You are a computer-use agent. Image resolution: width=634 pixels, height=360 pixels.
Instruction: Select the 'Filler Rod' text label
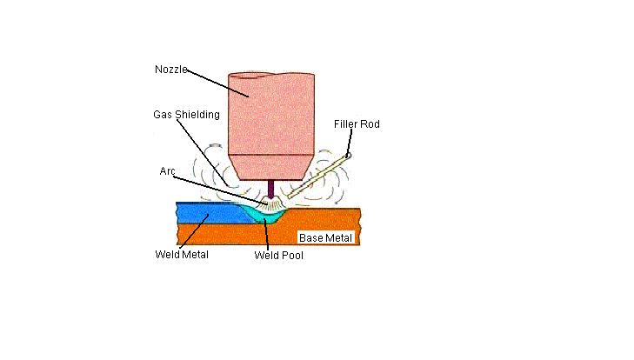click(x=357, y=124)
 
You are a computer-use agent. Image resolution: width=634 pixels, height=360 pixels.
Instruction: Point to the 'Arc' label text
click(x=168, y=172)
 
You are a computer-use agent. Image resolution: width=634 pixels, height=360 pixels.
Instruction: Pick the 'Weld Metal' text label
click(x=181, y=255)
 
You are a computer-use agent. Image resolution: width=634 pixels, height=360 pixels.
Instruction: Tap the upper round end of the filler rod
click(x=347, y=157)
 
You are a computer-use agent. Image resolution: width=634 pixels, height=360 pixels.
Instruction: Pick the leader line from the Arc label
click(x=217, y=186)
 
